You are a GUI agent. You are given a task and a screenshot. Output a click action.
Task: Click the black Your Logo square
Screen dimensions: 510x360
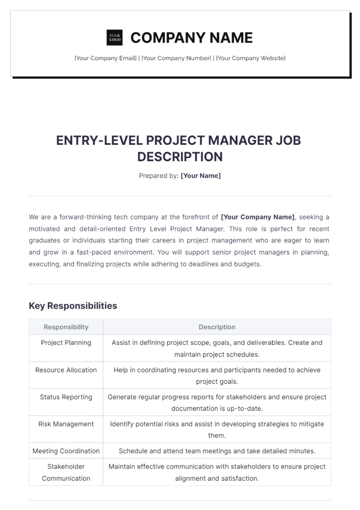[115, 37]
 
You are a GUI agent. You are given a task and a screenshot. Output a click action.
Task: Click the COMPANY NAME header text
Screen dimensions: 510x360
[191, 38]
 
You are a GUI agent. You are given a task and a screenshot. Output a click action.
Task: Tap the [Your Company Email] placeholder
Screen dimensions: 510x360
[105, 58]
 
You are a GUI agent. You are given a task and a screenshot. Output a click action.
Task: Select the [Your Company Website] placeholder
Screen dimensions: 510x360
[251, 58]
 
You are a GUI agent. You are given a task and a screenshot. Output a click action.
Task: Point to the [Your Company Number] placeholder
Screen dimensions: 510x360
[176, 58]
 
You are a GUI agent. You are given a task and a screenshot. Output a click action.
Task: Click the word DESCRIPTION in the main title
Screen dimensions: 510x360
[180, 157]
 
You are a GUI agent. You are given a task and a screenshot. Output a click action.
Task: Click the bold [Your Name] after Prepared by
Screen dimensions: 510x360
[200, 176]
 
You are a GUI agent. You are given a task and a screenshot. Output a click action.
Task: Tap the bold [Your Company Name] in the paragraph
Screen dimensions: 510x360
[258, 217]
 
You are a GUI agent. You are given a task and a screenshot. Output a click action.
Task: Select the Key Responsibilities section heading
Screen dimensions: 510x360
[73, 306]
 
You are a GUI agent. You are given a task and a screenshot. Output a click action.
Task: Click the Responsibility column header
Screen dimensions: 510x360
[66, 327]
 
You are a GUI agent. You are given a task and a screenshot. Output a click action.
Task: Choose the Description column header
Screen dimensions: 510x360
[217, 327]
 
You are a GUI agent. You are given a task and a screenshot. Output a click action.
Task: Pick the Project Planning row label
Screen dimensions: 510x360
[66, 343]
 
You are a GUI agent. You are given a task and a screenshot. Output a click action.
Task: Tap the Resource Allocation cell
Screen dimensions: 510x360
[66, 370]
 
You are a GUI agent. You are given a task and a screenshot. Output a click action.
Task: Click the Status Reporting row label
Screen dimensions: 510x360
[66, 397]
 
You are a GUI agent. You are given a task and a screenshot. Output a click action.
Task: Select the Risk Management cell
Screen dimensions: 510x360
[66, 424]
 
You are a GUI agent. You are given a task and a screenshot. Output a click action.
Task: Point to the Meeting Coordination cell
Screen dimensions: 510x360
[66, 451]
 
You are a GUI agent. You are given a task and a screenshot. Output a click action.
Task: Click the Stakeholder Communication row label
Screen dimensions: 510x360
[66, 472]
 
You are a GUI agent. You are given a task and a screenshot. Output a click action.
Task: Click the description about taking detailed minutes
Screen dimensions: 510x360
[217, 451]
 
